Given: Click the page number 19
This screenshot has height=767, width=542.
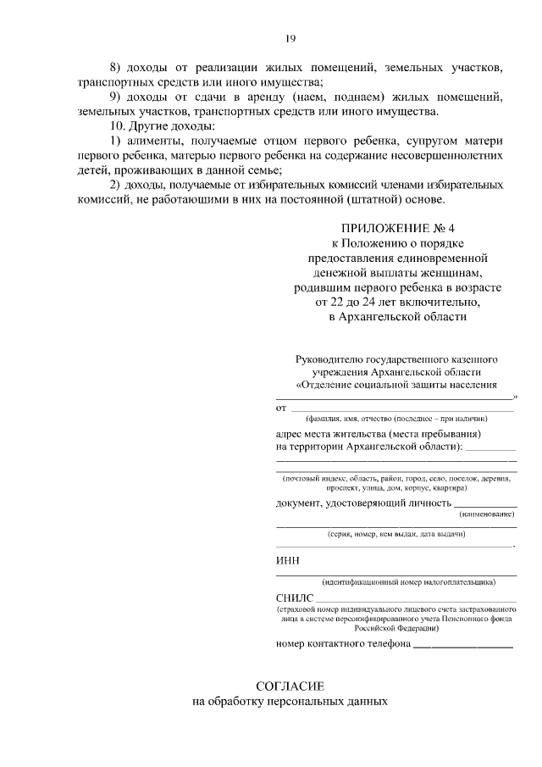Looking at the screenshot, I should point(290,38).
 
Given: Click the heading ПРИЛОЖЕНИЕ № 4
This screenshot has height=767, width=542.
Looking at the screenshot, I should point(397,229).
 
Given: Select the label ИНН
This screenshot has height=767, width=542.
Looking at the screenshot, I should point(287,560).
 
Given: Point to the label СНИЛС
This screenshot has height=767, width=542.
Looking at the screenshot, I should point(294,599).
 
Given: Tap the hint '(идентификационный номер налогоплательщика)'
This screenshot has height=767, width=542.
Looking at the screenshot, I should point(397,582).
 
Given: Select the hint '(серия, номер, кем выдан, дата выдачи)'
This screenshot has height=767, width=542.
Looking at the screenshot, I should point(396,535).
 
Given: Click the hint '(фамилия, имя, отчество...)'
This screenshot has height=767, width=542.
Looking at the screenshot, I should point(396,419).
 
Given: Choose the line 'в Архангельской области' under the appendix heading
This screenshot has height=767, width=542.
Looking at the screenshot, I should point(397,316).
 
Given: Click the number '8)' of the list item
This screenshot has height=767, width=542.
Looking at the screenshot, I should point(117,67).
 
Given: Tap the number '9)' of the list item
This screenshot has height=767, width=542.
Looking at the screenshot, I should point(117,97).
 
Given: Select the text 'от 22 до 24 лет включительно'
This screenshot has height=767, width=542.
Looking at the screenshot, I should point(397,302).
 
